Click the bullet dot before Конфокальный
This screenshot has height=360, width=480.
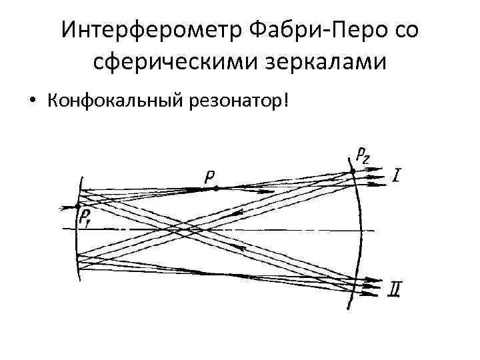(31, 101)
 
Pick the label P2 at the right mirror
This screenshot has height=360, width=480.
(363, 156)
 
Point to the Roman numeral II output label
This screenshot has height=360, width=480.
(395, 289)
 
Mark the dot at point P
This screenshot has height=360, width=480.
(215, 189)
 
